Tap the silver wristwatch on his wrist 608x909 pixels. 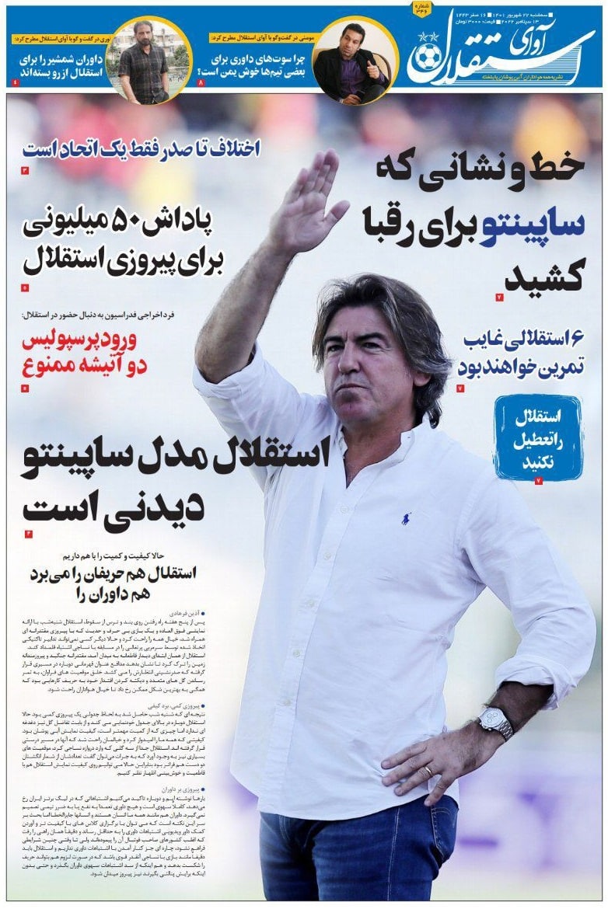(495, 722)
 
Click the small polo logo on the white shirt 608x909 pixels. (406, 518)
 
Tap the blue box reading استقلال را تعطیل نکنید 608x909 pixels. (537, 437)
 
